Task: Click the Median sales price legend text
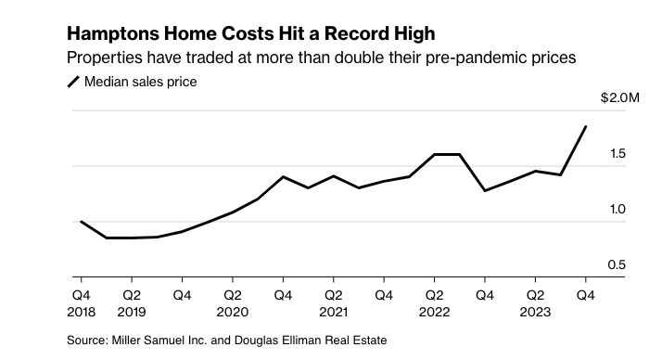[140, 82]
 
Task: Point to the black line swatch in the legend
[73, 82]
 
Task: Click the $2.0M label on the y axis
[618, 97]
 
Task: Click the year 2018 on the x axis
[81, 312]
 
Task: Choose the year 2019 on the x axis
[132, 312]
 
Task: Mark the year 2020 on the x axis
[233, 312]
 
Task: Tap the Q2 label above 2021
[333, 295]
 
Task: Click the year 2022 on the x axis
[434, 312]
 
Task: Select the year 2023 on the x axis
[535, 312]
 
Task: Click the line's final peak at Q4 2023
[586, 126]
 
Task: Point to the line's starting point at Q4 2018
[81, 222]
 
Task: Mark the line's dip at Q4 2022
[485, 191]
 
